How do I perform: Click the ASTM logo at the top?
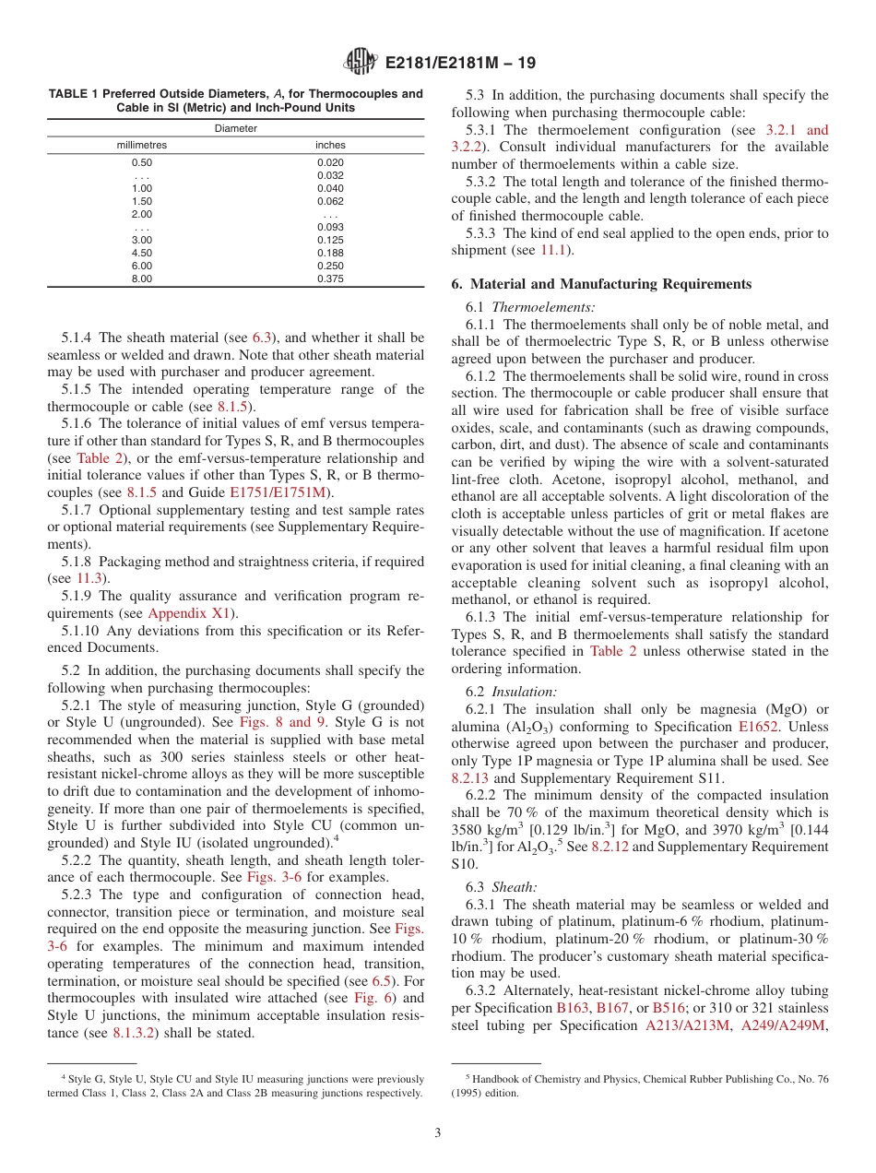pos(360,63)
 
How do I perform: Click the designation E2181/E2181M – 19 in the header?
pos(456,64)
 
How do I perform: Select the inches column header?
pos(330,145)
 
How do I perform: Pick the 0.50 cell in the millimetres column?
pos(142,162)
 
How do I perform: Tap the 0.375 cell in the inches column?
pos(330,278)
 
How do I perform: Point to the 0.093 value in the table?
pos(330,227)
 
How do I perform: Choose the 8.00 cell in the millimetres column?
pos(142,278)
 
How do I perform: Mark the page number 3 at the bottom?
pos(438,1133)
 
